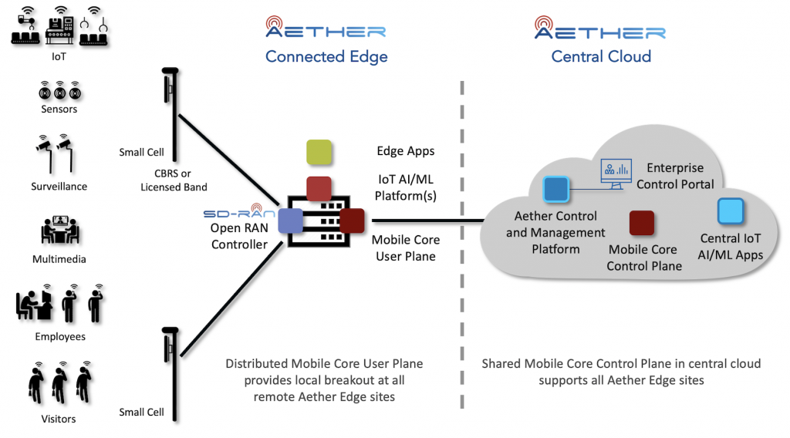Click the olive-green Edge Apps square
319,152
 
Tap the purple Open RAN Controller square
291,221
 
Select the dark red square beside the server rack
352,221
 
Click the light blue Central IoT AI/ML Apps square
731,211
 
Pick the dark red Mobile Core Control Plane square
642,223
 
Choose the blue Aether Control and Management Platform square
555,189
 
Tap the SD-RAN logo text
239,212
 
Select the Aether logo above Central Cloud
600,28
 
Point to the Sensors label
59,109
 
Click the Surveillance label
59,187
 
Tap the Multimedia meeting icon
60,230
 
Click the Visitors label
59,419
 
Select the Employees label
60,337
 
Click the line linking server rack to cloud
427,221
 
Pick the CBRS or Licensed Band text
174,180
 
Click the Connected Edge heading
326,57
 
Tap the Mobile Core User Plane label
406,248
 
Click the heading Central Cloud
601,56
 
